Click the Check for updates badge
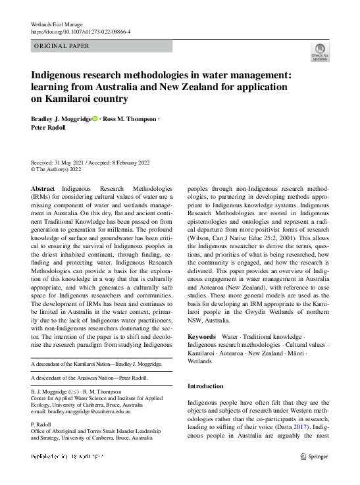point(320,51)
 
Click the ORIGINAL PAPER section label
point(61,46)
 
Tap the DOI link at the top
point(81,31)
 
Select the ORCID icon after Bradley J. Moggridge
point(95,119)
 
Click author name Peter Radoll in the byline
point(49,128)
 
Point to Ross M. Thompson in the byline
point(129,119)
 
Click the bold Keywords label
point(201,337)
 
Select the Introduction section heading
point(205,386)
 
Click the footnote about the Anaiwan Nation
point(90,378)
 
